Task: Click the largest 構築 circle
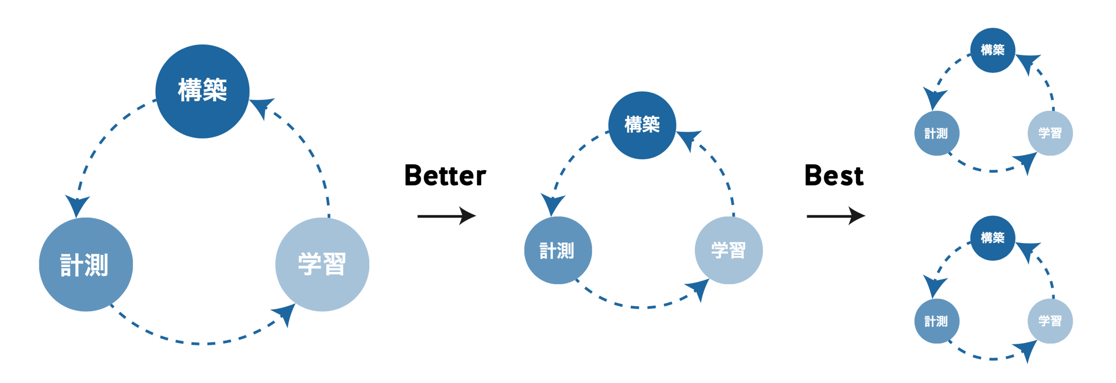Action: click(x=202, y=91)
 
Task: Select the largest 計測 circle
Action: click(x=86, y=264)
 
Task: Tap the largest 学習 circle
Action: click(x=322, y=264)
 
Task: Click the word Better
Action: click(x=445, y=175)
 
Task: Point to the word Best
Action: click(x=833, y=175)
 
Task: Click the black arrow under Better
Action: click(x=446, y=216)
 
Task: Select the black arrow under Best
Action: click(x=835, y=216)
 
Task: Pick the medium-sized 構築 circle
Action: click(x=642, y=125)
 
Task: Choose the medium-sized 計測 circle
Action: click(x=558, y=250)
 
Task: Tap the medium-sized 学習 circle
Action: click(x=729, y=250)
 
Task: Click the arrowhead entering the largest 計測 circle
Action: click(x=77, y=204)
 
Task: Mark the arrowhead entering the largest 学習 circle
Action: click(x=286, y=313)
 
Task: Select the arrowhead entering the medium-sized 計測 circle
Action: click(x=553, y=203)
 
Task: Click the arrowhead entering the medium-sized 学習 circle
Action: click(x=699, y=288)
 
